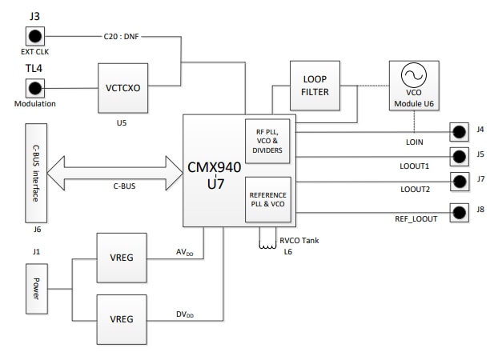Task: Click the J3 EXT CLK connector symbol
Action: point(35,37)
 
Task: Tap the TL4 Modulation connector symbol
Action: point(35,88)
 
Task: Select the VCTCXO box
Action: point(123,88)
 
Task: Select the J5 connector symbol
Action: point(459,156)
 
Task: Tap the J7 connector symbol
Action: point(459,181)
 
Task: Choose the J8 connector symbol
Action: point(459,212)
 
